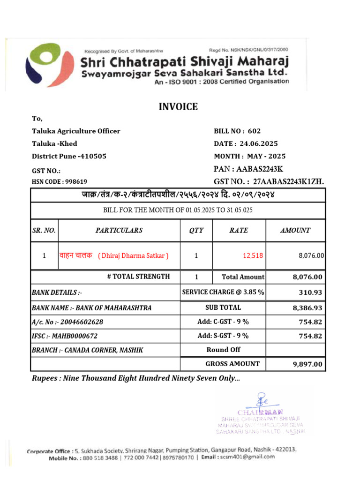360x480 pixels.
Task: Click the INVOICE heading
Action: [179, 107]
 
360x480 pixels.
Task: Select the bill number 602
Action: [254, 131]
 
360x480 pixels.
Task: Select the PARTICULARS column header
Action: [119, 230]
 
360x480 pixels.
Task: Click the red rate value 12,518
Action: [253, 255]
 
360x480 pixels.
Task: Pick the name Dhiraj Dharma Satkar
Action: [133, 255]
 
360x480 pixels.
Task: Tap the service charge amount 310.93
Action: [310, 292]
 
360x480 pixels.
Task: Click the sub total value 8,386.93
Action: [307, 308]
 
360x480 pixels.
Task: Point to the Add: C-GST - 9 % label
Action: [223, 322]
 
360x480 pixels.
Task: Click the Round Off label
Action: [223, 350]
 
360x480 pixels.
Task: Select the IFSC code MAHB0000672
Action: [75, 336]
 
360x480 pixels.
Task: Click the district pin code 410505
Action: [92, 156]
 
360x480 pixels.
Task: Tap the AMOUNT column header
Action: [295, 230]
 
